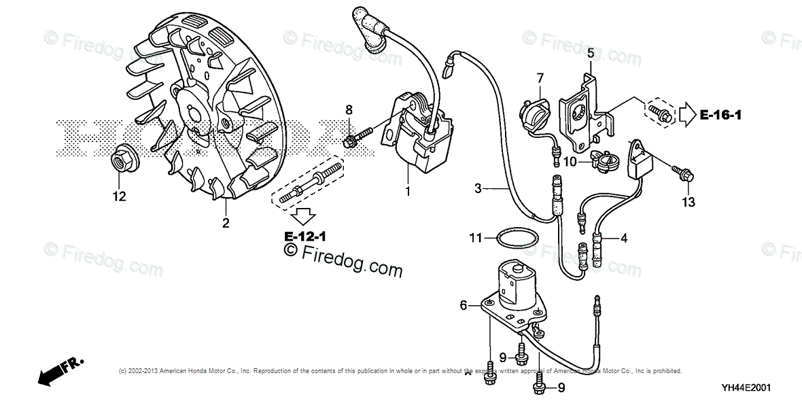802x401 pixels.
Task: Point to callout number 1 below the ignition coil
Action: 408,192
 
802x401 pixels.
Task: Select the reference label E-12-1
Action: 305,237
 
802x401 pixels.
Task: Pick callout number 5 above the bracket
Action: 591,52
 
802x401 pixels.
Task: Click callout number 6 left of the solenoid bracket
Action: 464,306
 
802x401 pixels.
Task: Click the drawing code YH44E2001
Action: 746,387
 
